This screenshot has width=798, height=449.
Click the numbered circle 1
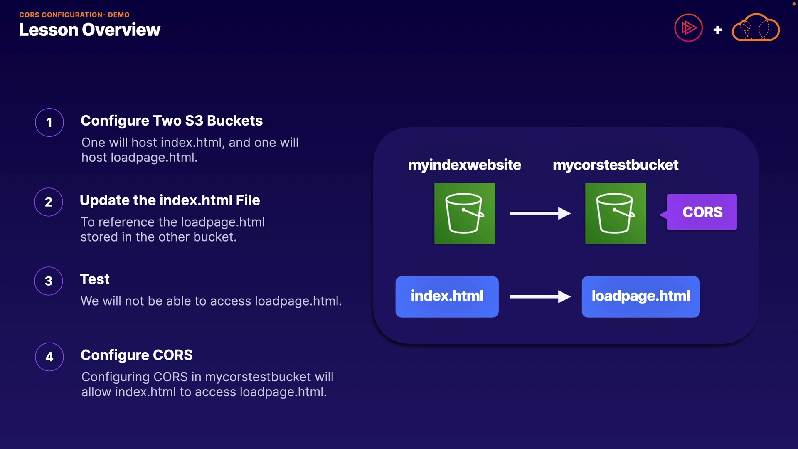pyautogui.click(x=49, y=122)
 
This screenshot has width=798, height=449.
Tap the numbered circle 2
pyautogui.click(x=49, y=202)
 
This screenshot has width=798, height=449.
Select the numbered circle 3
pyautogui.click(x=49, y=281)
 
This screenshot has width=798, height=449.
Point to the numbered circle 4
pyautogui.click(x=49, y=357)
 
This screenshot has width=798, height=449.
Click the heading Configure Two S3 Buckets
pyautogui.click(x=171, y=121)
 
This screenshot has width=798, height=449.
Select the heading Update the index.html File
pyautogui.click(x=170, y=200)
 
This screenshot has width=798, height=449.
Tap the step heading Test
pyautogui.click(x=95, y=279)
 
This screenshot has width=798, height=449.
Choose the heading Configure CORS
pyautogui.click(x=136, y=355)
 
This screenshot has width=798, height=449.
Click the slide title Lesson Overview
pyautogui.click(x=89, y=30)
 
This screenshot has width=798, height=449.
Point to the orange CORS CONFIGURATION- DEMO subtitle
pyautogui.click(x=74, y=15)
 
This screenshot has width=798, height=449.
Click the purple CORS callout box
pyautogui.click(x=702, y=212)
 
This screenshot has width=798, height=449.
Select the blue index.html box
pyautogui.click(x=447, y=296)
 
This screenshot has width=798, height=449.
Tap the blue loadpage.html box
pyautogui.click(x=640, y=296)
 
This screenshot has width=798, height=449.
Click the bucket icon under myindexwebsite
pyautogui.click(x=465, y=213)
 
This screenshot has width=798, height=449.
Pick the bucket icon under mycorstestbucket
pyautogui.click(x=616, y=213)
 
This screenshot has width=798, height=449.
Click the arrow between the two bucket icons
pyautogui.click(x=540, y=213)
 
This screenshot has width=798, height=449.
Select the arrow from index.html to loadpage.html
pyautogui.click(x=540, y=296)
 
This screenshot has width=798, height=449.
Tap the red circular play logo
pyautogui.click(x=688, y=28)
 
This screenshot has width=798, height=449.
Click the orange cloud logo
pyautogui.click(x=756, y=28)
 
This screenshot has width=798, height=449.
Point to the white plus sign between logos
pyautogui.click(x=717, y=30)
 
